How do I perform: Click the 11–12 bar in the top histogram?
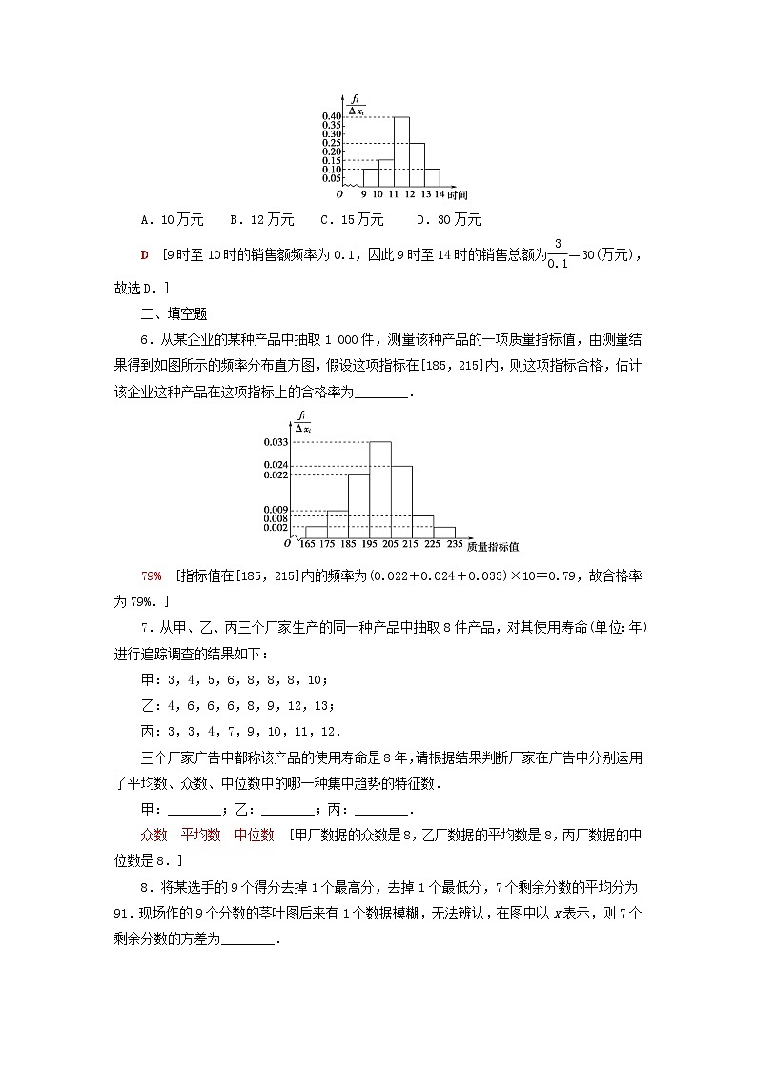click(401, 152)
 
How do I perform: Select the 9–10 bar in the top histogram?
click(370, 177)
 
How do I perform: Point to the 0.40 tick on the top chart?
click(332, 116)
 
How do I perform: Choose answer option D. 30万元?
click(449, 220)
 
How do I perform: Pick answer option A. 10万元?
click(172, 220)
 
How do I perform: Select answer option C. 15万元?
click(352, 220)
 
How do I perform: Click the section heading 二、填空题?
click(174, 313)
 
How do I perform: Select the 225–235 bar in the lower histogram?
click(444, 532)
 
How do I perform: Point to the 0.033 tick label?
click(276, 442)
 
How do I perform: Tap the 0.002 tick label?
click(276, 527)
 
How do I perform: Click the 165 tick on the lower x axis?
click(306, 544)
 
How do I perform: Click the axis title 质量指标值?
click(493, 546)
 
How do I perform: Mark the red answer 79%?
click(151, 577)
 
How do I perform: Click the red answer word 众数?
click(153, 835)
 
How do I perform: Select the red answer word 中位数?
click(255, 835)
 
